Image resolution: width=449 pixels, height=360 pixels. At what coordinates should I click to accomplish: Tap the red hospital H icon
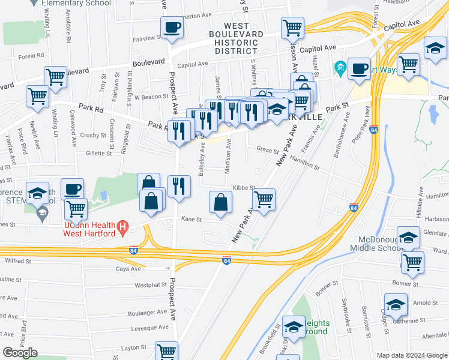click(x=122, y=228)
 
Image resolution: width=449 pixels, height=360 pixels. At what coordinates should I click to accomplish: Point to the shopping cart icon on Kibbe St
click(x=264, y=200)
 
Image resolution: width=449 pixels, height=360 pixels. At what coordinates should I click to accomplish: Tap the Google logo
click(x=20, y=353)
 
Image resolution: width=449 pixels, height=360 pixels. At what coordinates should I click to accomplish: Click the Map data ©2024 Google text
click(x=412, y=355)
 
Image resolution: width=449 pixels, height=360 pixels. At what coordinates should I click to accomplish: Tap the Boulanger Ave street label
click(x=150, y=312)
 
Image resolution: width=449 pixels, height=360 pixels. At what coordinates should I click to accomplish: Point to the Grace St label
click(x=268, y=149)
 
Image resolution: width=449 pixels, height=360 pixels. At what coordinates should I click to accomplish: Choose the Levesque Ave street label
click(x=149, y=328)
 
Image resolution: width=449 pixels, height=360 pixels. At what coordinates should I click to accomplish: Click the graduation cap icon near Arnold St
click(x=396, y=305)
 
